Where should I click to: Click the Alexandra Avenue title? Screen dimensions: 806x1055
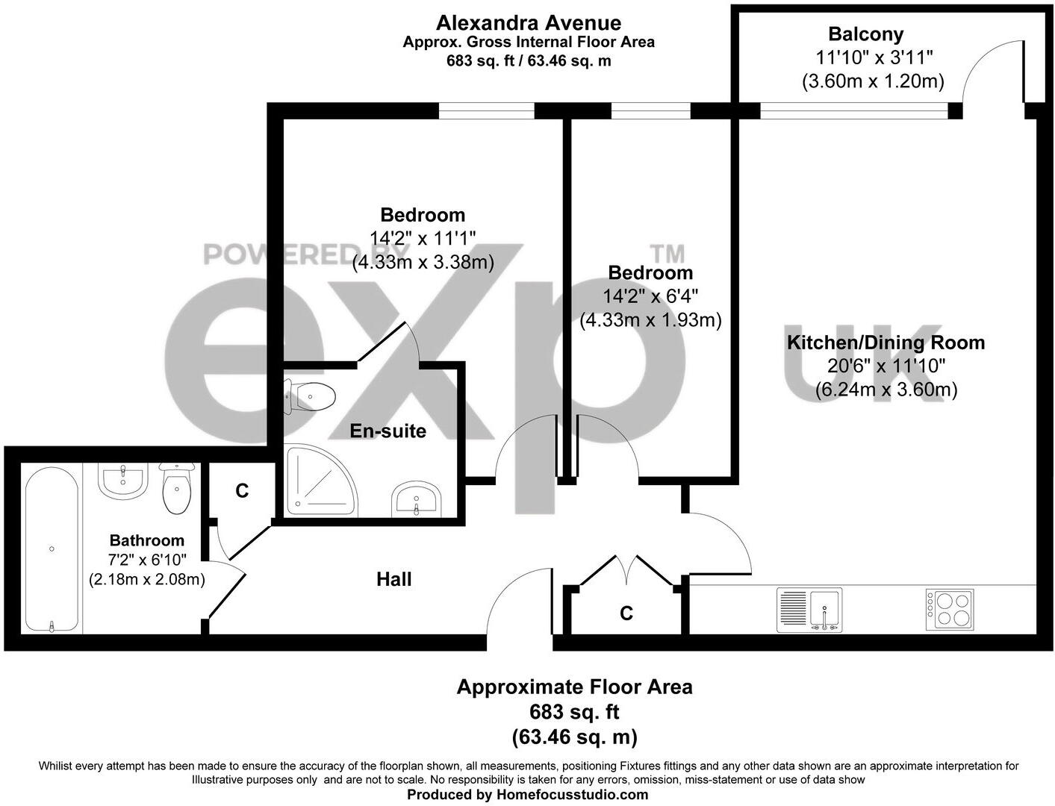528,23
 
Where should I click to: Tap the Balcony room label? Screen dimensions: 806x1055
865,34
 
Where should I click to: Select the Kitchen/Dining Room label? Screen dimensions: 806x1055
886,343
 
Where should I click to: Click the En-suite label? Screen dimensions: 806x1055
388,431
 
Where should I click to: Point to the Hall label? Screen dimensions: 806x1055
393,579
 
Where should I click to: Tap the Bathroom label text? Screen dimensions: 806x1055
146,540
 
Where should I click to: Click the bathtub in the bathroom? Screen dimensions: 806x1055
52,549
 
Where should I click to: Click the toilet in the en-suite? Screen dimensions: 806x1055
310,396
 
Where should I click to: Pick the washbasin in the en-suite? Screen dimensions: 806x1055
417,498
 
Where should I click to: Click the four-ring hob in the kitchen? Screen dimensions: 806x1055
950,609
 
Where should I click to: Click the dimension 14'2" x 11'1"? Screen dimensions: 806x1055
423,239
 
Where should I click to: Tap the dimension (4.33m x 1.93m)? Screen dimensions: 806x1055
650,320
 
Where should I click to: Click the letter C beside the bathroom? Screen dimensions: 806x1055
241,491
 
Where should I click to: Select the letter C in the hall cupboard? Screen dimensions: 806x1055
626,613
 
